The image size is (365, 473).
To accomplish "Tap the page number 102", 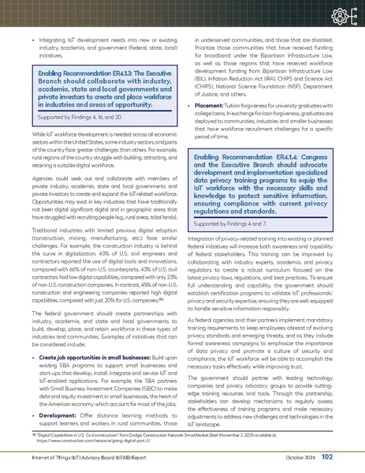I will (x=349, y=456).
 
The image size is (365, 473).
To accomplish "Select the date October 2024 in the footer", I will (x=318, y=457).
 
